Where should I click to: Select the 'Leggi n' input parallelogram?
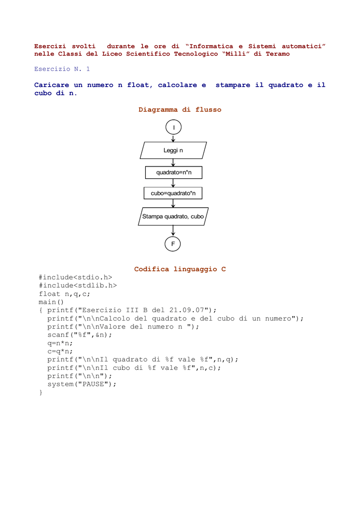[x=174, y=150]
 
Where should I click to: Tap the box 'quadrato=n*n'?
[x=174, y=172]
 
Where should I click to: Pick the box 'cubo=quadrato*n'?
[x=173, y=193]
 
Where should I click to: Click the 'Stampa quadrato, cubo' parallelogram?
[x=173, y=217]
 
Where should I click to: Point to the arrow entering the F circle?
[x=173, y=231]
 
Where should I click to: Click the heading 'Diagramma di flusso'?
[x=180, y=110]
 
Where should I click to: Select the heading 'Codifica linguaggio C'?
[x=180, y=269]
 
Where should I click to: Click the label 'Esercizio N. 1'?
[x=62, y=69]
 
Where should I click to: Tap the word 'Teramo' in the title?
[x=277, y=54]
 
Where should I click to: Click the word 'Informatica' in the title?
[x=211, y=46]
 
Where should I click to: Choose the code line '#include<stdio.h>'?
[x=75, y=277]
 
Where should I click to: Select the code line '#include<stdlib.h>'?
[x=78, y=286]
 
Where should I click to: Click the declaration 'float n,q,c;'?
[x=64, y=294]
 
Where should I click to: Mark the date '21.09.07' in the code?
[x=186, y=310]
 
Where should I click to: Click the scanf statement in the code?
[x=80, y=335]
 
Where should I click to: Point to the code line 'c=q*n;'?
[x=60, y=351]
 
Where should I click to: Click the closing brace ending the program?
[x=41, y=393]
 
